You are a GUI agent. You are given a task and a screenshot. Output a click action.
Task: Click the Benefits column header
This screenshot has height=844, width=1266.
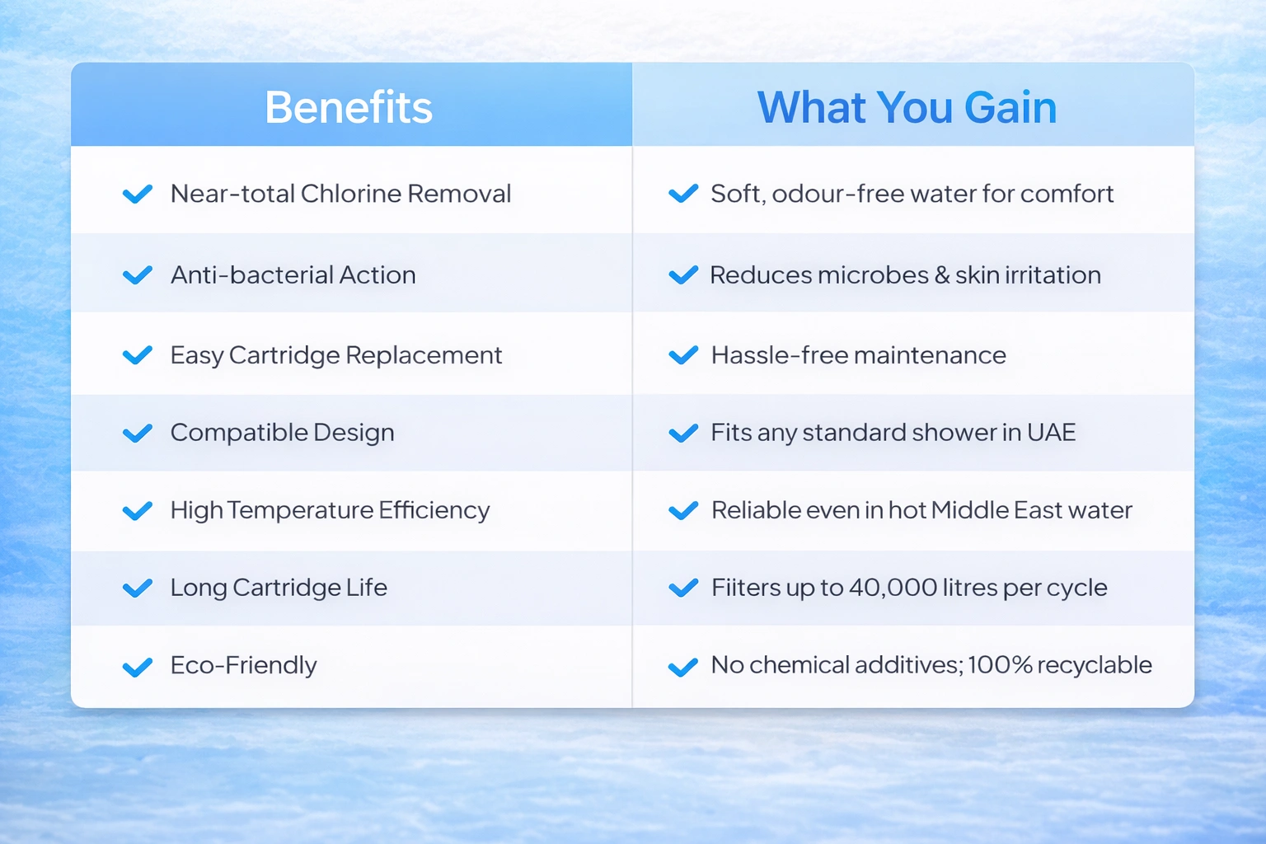tap(349, 107)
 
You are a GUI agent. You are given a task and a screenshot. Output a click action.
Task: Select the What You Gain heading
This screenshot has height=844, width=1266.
tap(907, 107)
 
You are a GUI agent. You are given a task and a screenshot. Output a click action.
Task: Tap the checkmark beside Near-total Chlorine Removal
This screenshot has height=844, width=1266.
tap(138, 194)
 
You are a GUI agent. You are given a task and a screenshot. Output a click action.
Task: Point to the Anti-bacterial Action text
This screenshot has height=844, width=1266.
tap(293, 274)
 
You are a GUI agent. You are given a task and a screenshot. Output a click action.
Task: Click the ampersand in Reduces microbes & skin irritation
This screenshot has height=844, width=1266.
tap(941, 275)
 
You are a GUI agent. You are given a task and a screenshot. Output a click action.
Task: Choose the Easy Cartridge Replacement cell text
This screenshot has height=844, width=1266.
tap(336, 355)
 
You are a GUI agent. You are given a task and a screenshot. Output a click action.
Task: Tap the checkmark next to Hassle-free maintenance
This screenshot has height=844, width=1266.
tap(683, 355)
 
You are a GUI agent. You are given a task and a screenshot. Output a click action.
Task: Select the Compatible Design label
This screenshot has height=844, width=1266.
tap(283, 433)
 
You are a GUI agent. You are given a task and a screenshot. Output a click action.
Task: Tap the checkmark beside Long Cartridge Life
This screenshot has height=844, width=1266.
tap(138, 588)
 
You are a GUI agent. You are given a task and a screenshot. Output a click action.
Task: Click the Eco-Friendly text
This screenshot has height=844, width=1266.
tap(244, 665)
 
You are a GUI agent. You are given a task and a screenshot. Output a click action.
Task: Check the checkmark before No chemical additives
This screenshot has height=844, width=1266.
tap(683, 667)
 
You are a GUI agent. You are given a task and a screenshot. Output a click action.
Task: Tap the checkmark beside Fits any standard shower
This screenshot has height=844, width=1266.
tap(683, 433)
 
